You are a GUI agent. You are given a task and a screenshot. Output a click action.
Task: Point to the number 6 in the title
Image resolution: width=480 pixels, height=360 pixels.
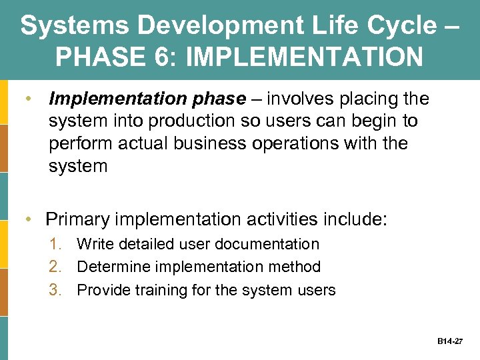[153, 57]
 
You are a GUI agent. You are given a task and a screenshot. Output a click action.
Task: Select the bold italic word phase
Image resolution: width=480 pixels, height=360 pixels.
[216, 99]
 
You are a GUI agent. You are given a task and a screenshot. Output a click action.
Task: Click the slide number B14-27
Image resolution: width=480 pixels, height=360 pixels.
[451, 341]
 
